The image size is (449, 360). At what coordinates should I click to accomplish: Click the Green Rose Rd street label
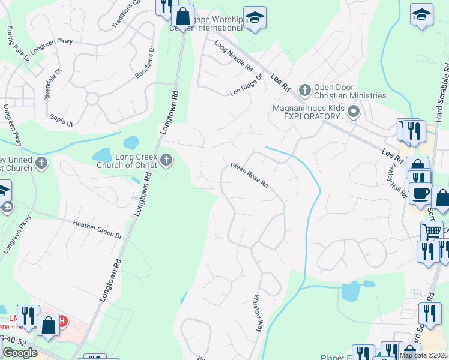coord(249,175)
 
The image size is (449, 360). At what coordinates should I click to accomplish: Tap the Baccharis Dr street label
coord(145,62)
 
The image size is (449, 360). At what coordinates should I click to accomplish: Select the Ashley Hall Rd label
coord(399,179)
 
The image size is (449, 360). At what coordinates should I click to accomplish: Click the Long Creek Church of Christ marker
coord(166,160)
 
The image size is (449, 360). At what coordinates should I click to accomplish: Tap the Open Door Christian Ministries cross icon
coord(304,90)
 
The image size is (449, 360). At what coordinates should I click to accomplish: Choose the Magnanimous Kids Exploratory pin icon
coord(354,111)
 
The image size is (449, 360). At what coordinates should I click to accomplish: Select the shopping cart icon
coord(432,231)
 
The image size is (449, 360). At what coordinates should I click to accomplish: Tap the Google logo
coord(20,353)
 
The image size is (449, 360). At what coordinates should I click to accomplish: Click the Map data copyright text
coord(424,355)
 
